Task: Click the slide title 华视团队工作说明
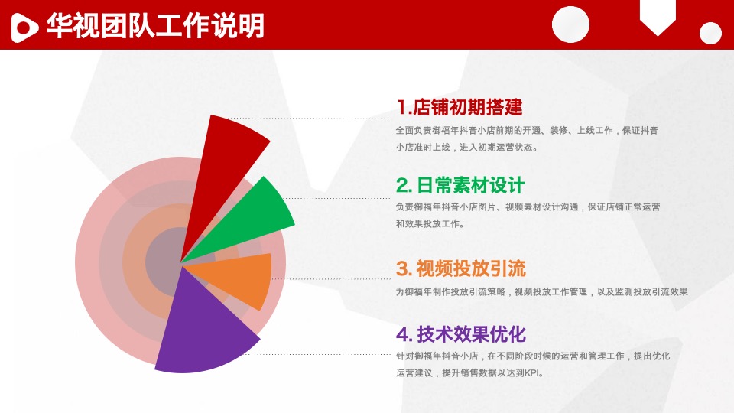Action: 154,26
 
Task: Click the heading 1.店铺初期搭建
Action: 460,106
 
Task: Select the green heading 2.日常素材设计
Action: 460,185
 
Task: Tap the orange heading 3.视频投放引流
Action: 461,268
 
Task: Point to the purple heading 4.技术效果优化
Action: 461,334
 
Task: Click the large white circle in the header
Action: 571,24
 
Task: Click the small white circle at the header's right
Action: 710,33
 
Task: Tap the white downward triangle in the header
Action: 657,24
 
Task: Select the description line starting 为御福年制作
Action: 542,291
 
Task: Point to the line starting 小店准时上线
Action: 466,147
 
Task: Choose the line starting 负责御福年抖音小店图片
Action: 528,206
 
